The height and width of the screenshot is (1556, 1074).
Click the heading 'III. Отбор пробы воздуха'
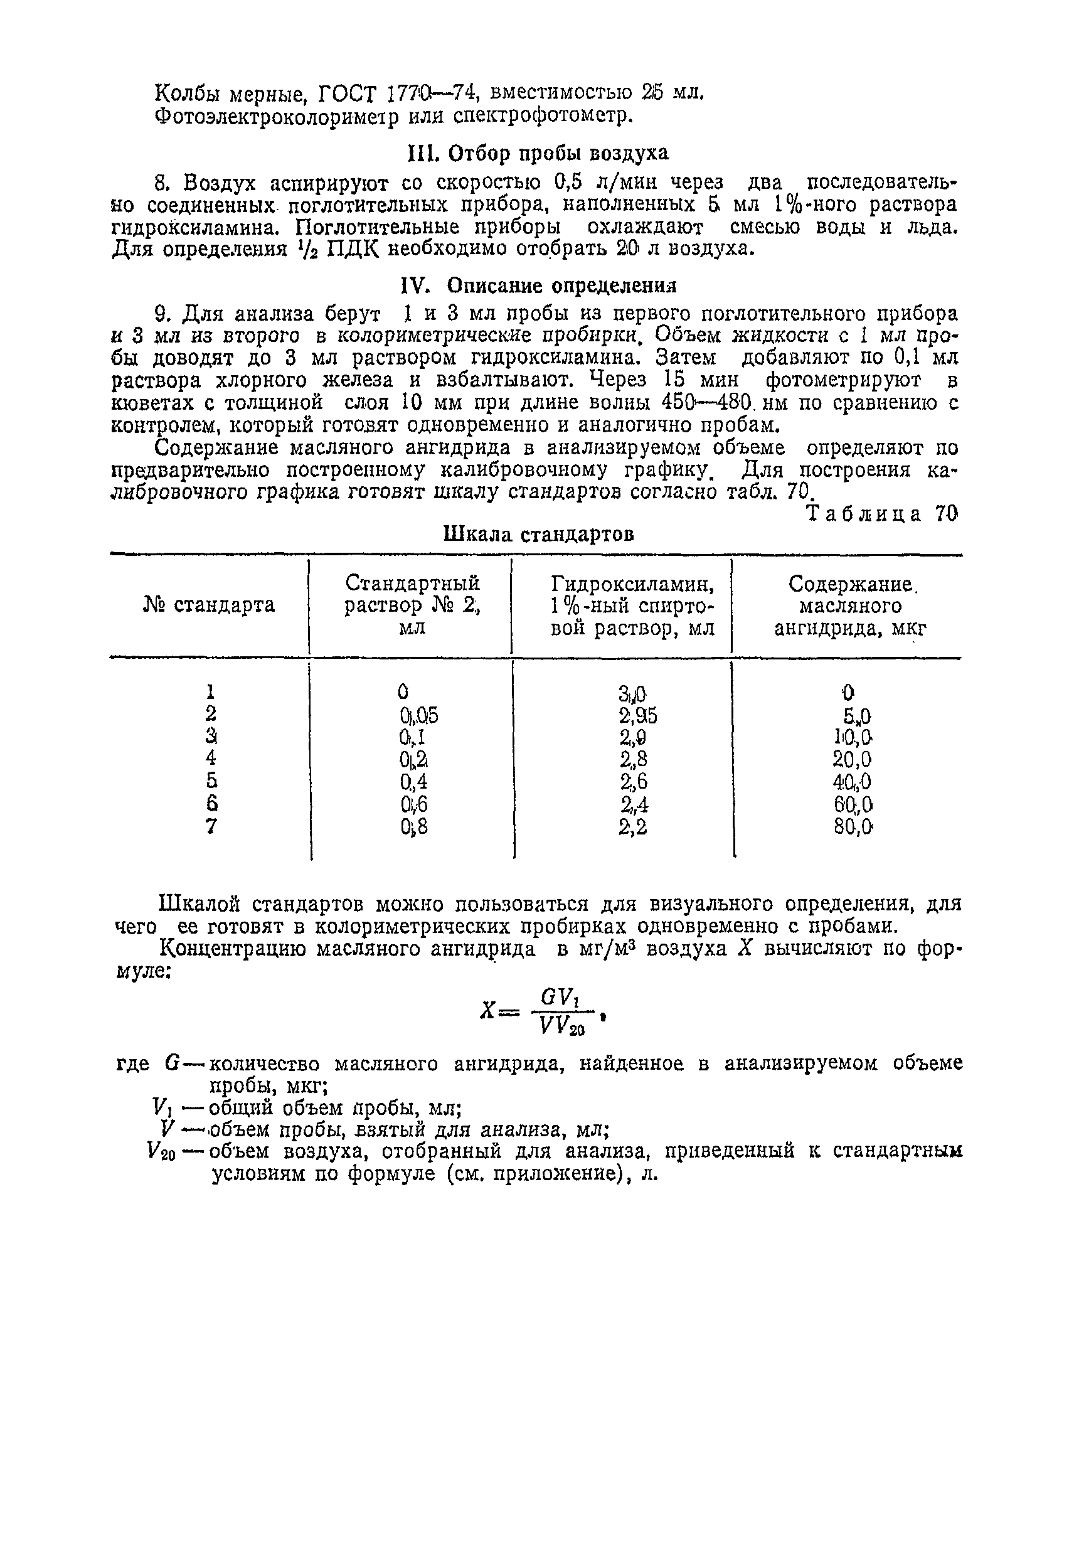pos(538,154)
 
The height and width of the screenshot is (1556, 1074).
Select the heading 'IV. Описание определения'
pos(538,286)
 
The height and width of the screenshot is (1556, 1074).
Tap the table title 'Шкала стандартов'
pos(538,535)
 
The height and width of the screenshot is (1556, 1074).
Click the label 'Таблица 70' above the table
pos(881,514)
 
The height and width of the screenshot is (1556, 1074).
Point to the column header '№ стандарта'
pos(210,605)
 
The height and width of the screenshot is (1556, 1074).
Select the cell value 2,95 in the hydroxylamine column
pos(637,716)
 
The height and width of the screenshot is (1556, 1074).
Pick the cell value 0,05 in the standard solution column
pos(418,716)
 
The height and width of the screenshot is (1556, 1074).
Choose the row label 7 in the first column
pos(211,826)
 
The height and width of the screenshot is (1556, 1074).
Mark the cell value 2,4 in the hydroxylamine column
pos(633,804)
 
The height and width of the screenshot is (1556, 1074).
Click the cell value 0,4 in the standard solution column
pos(414,782)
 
